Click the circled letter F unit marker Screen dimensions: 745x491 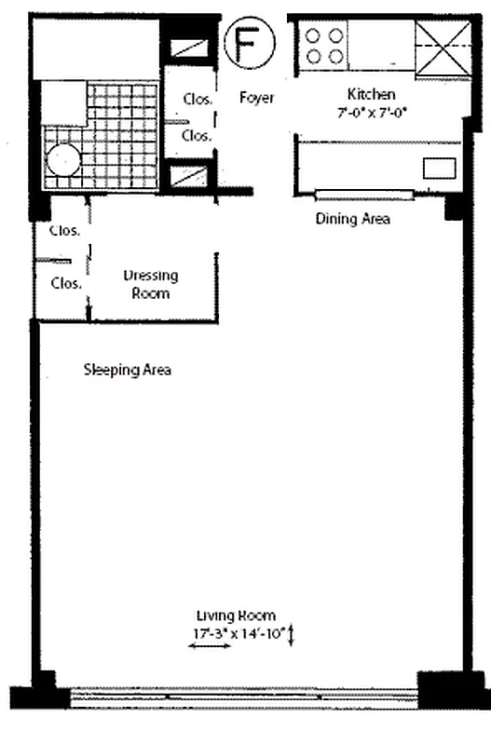coord(246,46)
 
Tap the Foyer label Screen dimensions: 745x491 coord(256,97)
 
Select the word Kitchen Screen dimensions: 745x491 coord(371,94)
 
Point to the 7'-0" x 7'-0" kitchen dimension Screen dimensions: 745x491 coord(372,112)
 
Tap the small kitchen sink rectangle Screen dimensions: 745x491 coord(439,168)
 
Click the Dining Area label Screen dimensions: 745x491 coord(352,220)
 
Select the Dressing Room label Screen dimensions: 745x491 coord(151,284)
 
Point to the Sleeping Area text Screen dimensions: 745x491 coord(128,370)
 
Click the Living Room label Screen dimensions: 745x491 coord(235,616)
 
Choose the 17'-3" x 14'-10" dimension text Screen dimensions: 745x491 coord(237,634)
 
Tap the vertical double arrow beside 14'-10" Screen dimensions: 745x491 coord(291,636)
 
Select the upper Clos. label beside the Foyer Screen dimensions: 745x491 coord(197,98)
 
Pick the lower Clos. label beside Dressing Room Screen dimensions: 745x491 coord(65,283)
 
